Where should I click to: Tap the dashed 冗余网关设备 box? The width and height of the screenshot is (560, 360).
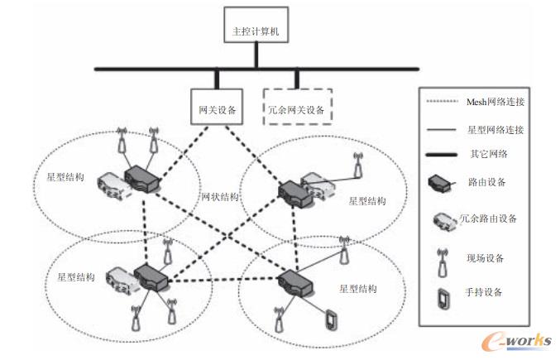[x=298, y=107]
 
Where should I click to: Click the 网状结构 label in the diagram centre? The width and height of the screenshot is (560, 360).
[x=220, y=197]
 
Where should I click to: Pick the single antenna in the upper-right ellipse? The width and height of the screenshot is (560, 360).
[x=358, y=163]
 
